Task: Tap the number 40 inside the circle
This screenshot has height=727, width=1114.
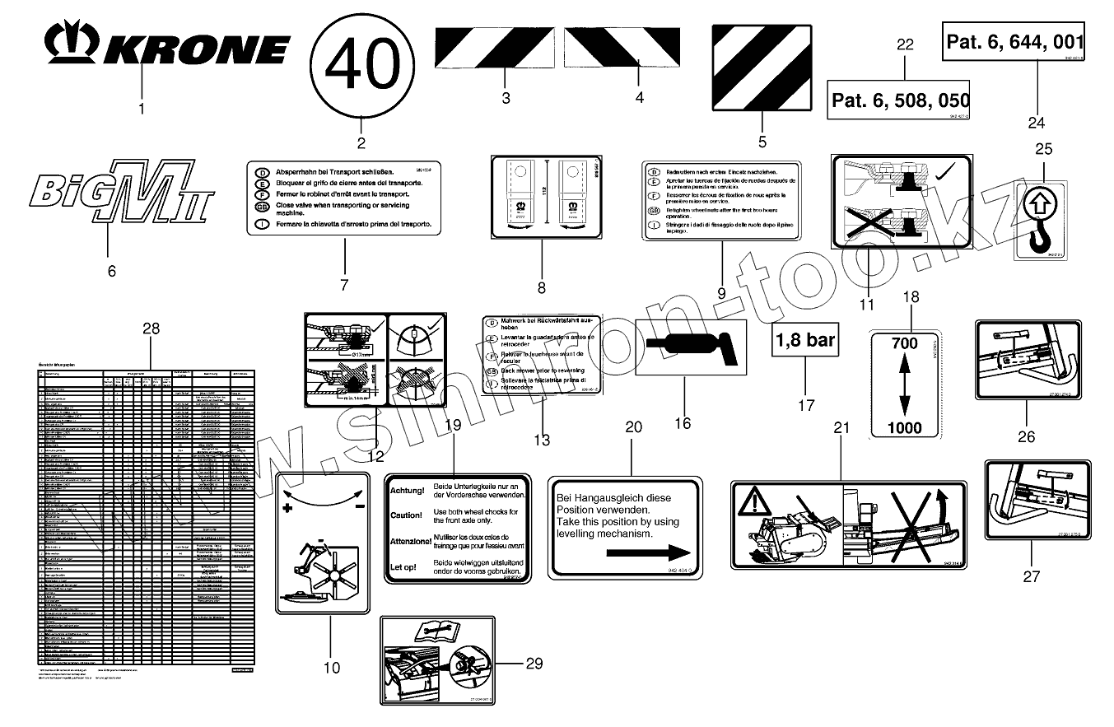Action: [363, 64]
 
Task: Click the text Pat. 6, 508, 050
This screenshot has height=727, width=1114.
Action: [900, 101]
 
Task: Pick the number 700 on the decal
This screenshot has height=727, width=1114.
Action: [904, 345]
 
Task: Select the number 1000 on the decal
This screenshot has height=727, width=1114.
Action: [904, 427]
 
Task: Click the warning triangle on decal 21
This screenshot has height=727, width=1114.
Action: [755, 503]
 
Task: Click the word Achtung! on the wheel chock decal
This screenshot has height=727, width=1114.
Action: [407, 491]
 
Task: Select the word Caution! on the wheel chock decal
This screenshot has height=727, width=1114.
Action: [407, 515]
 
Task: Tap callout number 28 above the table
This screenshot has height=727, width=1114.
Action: [150, 328]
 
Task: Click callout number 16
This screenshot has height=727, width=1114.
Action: [683, 423]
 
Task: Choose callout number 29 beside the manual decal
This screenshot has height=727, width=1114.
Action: [534, 664]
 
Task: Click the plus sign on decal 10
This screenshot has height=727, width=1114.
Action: [288, 509]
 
